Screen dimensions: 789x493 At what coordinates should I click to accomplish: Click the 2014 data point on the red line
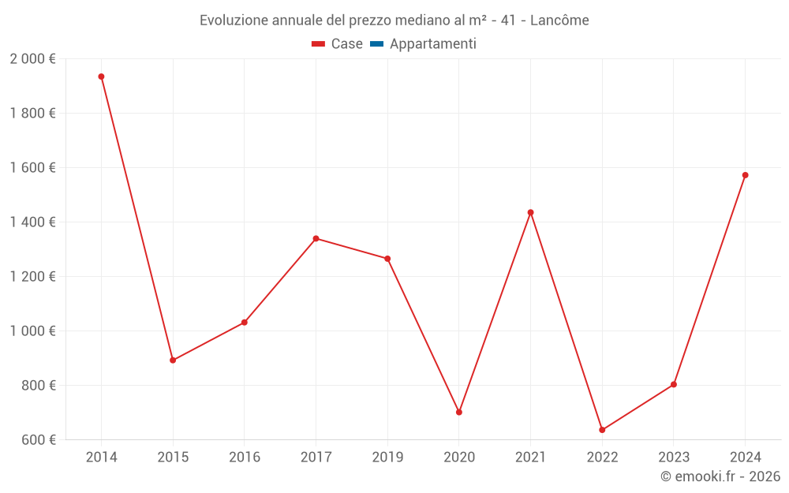pos(101,77)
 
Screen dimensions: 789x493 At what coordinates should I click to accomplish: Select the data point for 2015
pos(173,360)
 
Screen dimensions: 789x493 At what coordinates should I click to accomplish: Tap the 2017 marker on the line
pos(316,238)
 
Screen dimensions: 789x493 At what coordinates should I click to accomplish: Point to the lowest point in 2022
pos(602,430)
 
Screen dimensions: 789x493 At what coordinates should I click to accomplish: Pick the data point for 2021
pos(530,212)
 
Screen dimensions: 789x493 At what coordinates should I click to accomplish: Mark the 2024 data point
pos(746,175)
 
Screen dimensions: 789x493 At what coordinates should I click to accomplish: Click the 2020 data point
pos(459,412)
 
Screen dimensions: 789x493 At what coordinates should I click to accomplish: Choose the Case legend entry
pos(337,43)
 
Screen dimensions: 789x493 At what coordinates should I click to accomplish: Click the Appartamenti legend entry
pos(423,43)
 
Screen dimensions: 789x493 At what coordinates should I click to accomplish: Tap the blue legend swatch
pos(377,43)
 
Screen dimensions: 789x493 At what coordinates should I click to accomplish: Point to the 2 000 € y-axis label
pos(32,59)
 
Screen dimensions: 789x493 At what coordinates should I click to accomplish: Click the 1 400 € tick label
pos(32,222)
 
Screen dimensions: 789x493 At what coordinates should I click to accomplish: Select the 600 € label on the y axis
pos(39,439)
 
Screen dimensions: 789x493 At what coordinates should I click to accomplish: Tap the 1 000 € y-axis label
pos(32,331)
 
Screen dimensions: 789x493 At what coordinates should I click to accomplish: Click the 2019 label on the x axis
pos(387,457)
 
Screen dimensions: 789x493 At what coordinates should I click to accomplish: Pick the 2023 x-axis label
pos(674,457)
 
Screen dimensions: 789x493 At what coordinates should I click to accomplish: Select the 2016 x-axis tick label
pos(245,457)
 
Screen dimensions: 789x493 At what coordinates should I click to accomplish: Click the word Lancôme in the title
pos(559,21)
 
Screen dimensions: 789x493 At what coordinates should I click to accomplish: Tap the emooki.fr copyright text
pos(720,476)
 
